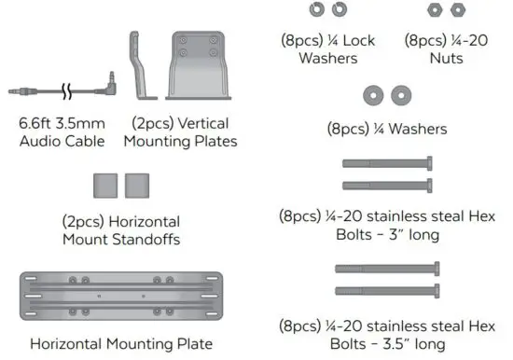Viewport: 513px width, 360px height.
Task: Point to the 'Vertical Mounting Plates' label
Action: click(x=184, y=132)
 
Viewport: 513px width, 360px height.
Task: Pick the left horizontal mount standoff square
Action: click(x=104, y=184)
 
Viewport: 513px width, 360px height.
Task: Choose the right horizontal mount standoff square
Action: click(x=137, y=184)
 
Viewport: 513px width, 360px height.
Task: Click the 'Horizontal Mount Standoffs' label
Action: click(x=121, y=230)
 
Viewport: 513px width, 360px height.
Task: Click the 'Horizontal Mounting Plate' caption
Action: click(x=121, y=343)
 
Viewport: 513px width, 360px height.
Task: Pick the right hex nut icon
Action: click(x=458, y=8)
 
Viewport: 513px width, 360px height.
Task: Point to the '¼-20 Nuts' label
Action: click(x=447, y=48)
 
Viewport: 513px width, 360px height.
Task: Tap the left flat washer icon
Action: click(x=374, y=94)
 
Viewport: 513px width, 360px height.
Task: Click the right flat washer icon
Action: click(x=401, y=94)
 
